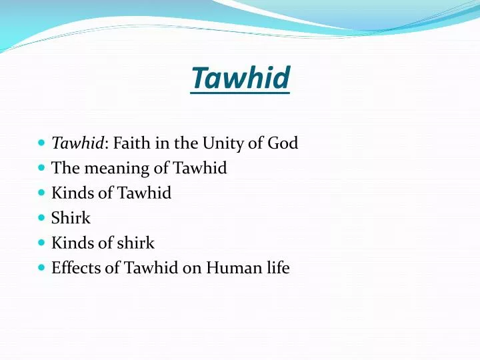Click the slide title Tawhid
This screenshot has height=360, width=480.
(x=240, y=78)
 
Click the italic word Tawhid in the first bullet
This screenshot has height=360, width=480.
(x=77, y=143)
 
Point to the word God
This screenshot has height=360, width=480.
(x=283, y=143)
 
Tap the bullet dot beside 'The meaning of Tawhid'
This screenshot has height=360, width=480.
(x=41, y=168)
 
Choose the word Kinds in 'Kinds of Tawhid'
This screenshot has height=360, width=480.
(x=69, y=193)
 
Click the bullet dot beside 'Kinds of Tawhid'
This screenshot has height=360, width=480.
(x=41, y=193)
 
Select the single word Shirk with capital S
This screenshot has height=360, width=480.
(x=71, y=219)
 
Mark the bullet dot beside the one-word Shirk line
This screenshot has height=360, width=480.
(x=41, y=218)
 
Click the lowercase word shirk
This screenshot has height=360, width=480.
(x=136, y=243)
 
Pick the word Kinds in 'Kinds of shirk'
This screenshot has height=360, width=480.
(x=69, y=243)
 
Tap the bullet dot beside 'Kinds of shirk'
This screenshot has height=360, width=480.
(x=41, y=243)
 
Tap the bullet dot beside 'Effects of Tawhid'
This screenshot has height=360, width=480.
(x=41, y=268)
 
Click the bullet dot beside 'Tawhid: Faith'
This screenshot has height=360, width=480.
(x=41, y=143)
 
